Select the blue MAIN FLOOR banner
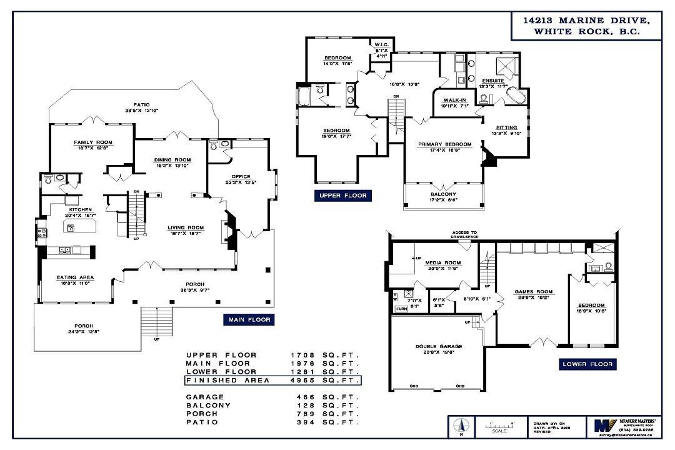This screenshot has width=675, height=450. click(x=249, y=319)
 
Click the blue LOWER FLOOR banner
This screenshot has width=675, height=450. click(x=587, y=364)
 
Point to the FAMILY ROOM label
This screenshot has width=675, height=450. click(x=92, y=142)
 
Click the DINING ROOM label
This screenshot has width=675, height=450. click(x=172, y=160)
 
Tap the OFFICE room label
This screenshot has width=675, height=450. click(x=241, y=177)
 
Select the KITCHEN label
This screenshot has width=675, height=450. click(x=81, y=209)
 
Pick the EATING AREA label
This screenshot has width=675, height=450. click(x=75, y=277)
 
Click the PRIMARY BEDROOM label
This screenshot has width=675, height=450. click(x=444, y=144)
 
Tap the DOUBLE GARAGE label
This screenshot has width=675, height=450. click(x=438, y=346)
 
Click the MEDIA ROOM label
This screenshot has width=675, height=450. click(x=443, y=262)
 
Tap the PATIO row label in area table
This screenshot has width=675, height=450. click(x=201, y=422)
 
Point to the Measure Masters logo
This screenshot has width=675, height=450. click(x=602, y=426)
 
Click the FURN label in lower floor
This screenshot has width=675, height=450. click(x=401, y=309)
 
